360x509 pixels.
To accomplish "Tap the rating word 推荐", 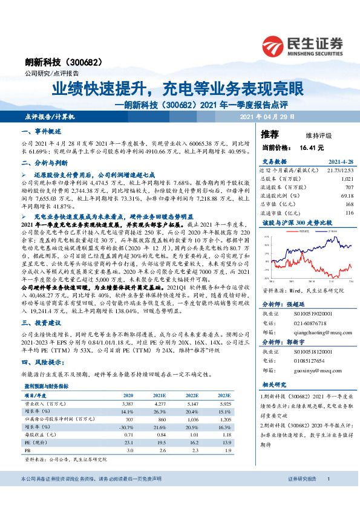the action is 270,134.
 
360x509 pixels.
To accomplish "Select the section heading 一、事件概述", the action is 41,131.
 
